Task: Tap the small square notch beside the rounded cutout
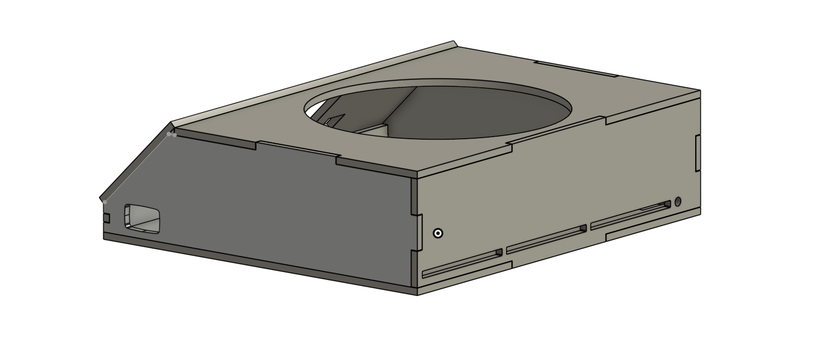pyautogui.click(x=106, y=217)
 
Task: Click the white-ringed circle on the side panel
pyautogui.click(x=438, y=233)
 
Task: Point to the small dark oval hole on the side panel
pyautogui.click(x=678, y=201)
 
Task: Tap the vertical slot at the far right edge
pyautogui.click(x=698, y=152)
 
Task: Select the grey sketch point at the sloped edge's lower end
pyautogui.click(x=105, y=201)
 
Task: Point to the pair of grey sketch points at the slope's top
pyautogui.click(x=171, y=134)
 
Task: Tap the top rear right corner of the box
pyautogui.click(x=699, y=92)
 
